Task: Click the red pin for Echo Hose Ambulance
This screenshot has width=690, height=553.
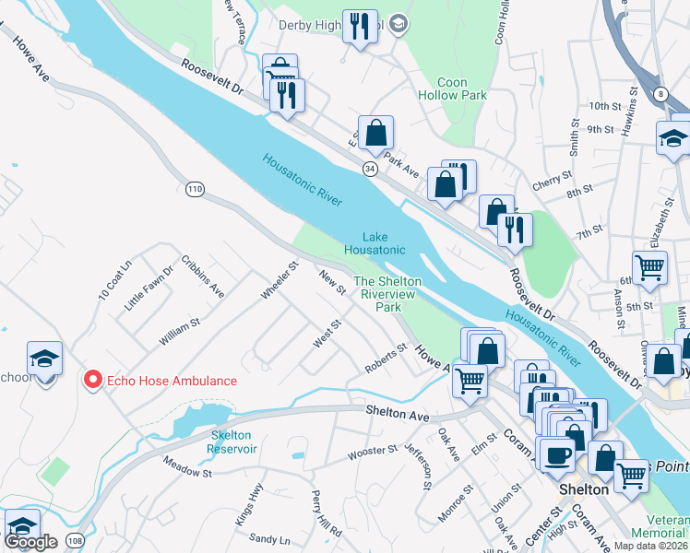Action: pyautogui.click(x=92, y=380)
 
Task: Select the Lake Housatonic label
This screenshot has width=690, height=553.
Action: pyautogui.click(x=375, y=243)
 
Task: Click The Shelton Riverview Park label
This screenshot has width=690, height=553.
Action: pyautogui.click(x=387, y=293)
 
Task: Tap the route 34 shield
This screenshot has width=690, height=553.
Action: pyautogui.click(x=369, y=170)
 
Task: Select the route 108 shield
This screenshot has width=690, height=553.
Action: pyautogui.click(x=75, y=540)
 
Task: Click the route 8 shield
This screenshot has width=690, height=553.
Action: pyautogui.click(x=661, y=93)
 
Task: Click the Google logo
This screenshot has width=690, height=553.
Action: pyautogui.click(x=30, y=542)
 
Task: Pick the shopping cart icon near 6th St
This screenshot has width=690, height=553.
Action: pyautogui.click(x=650, y=267)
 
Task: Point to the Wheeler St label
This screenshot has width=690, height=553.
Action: pyautogui.click(x=280, y=279)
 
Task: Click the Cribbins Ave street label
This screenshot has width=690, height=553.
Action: pyautogui.click(x=203, y=276)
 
